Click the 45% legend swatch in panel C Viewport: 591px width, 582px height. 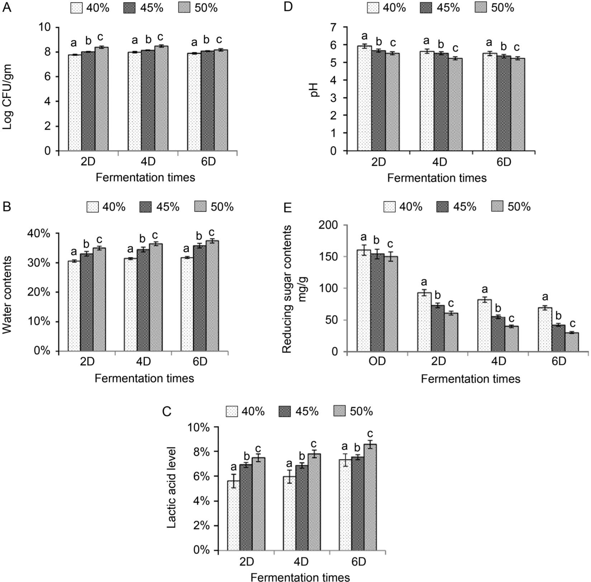pos(285,412)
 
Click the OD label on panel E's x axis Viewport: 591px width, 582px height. pos(377,361)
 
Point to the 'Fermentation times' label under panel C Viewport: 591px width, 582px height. pos(300,577)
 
